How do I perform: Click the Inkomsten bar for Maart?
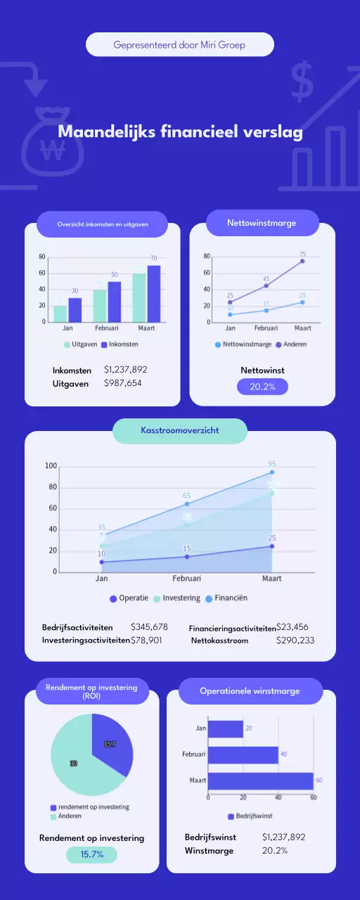click(x=153, y=293)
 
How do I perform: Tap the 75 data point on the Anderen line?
click(x=302, y=261)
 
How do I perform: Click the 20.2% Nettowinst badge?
click(x=262, y=387)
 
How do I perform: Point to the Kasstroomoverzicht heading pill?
click(x=180, y=431)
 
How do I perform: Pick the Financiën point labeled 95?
click(x=271, y=472)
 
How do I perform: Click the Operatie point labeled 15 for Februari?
click(x=187, y=556)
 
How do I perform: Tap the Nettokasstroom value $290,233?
click(x=295, y=641)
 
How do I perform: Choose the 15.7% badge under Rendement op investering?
click(x=91, y=854)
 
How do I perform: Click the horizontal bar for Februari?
click(x=243, y=754)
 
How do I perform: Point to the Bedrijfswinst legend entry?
click(x=250, y=816)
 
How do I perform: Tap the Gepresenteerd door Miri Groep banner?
click(x=180, y=45)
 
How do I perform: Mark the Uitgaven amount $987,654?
click(x=123, y=382)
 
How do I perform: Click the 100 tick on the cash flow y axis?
click(x=51, y=466)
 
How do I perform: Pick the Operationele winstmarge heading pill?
click(x=250, y=691)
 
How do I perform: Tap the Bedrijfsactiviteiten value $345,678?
click(x=149, y=626)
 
